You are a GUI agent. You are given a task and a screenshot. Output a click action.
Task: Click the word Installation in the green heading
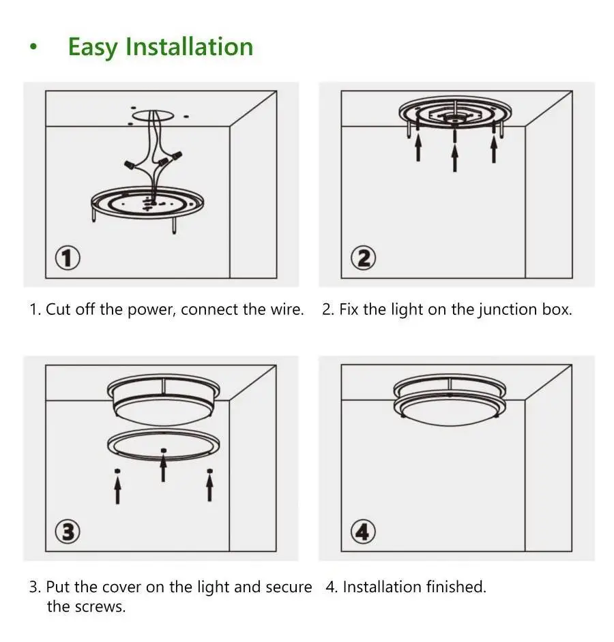190,46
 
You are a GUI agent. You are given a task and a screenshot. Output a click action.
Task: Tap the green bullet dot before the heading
33,47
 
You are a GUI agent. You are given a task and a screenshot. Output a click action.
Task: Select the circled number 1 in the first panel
68,258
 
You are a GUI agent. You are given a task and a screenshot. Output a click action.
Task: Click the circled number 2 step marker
364,258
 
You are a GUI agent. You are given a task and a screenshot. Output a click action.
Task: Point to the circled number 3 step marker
68,532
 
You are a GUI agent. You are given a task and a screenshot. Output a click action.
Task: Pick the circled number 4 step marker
363,532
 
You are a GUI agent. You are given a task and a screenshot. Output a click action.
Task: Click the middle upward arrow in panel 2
454,157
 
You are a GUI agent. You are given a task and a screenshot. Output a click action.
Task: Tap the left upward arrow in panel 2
418,148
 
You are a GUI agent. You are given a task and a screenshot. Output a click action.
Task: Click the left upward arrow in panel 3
117,490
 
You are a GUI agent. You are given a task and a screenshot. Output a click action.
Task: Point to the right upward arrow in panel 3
210,488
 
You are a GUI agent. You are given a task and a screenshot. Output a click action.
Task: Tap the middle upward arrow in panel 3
164,468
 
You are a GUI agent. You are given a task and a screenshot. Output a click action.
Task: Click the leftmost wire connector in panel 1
130,166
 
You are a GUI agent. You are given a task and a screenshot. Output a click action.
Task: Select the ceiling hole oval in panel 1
153,115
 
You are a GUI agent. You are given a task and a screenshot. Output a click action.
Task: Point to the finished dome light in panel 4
450,401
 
